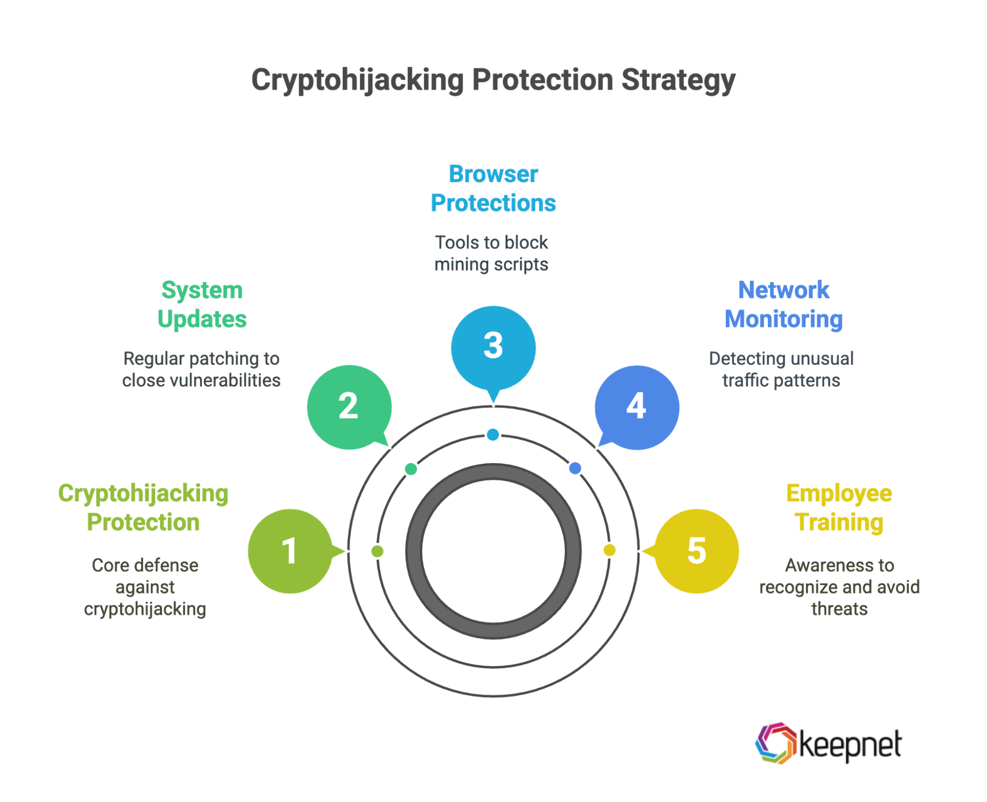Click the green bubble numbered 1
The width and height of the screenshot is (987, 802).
(x=290, y=551)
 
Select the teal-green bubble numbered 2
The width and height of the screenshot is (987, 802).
(x=349, y=407)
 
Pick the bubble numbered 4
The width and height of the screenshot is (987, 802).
(x=637, y=407)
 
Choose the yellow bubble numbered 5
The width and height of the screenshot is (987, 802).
(x=697, y=551)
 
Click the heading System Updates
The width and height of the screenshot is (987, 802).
(x=202, y=305)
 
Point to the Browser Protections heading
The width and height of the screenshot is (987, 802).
(x=493, y=189)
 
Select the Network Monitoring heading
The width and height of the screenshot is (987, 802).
(x=784, y=305)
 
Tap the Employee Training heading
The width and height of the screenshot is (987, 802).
(x=839, y=507)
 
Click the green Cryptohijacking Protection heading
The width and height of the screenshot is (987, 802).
(x=143, y=507)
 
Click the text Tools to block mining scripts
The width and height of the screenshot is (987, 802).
(x=491, y=253)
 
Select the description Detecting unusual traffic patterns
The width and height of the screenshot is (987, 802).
(x=781, y=369)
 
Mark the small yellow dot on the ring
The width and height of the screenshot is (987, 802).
(x=609, y=550)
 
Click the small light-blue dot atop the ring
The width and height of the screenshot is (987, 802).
(x=493, y=435)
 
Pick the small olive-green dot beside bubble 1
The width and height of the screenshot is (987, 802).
(x=377, y=551)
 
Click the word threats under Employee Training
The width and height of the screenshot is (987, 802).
(x=839, y=609)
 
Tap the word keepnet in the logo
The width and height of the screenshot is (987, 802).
(x=850, y=745)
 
